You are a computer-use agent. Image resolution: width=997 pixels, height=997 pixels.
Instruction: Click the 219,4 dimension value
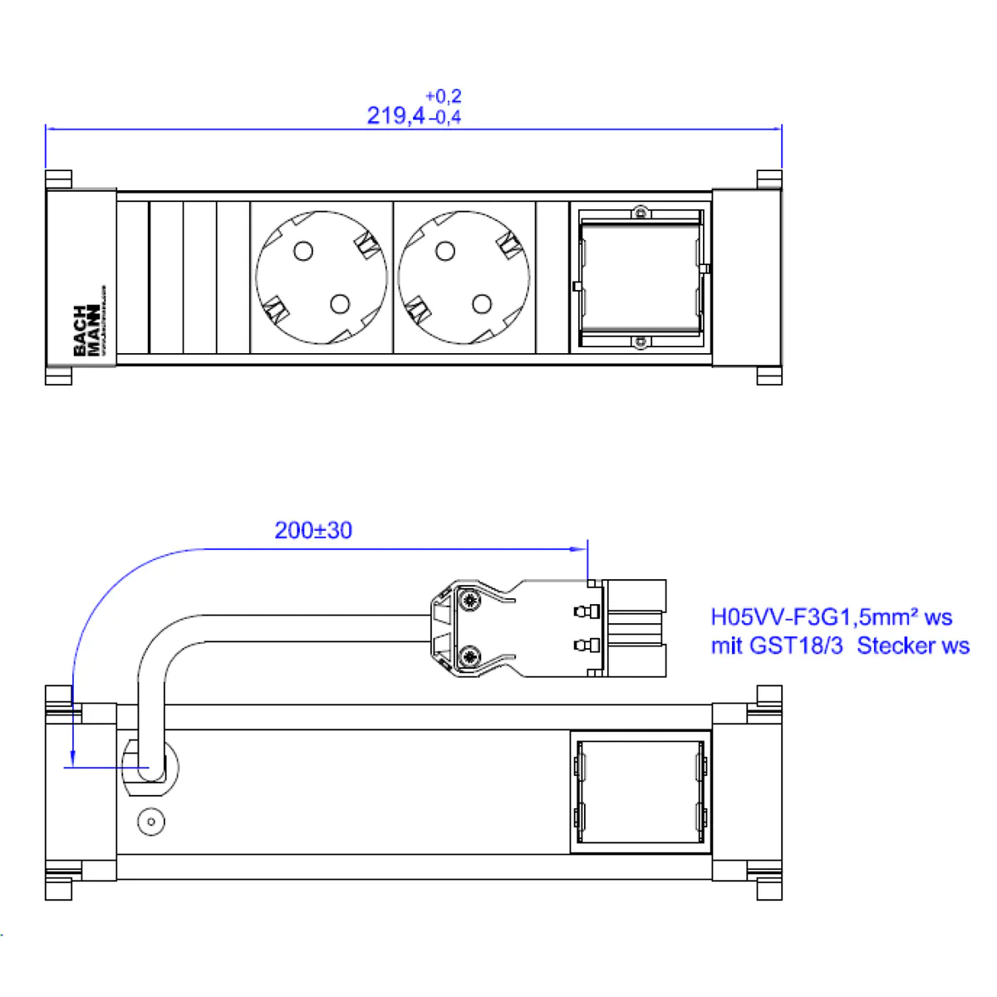click(x=396, y=115)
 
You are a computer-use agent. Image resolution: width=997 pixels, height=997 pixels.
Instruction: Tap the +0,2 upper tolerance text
click(x=443, y=96)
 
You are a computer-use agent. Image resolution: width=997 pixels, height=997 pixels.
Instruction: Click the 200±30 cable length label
click(x=313, y=530)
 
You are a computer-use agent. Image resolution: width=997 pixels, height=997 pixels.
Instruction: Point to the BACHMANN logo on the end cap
click(x=86, y=330)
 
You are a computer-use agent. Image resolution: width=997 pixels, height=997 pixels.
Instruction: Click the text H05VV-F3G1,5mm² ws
click(x=831, y=617)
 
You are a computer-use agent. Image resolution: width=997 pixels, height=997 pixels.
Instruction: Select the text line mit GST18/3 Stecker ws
click(x=839, y=646)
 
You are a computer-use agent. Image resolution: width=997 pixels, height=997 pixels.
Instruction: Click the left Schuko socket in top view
click(x=322, y=277)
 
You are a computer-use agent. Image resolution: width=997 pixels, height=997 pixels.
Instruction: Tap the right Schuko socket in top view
click(x=464, y=277)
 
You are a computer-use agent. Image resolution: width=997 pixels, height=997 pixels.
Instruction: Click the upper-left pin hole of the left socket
click(x=304, y=250)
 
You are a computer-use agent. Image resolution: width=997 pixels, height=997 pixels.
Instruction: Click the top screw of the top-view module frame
click(x=640, y=213)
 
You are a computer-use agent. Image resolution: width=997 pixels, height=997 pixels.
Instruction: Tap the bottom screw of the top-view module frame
click(x=640, y=342)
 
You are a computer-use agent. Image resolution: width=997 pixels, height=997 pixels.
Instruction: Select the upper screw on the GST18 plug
click(x=470, y=600)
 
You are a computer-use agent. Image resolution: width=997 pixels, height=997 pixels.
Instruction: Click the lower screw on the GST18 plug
click(x=470, y=657)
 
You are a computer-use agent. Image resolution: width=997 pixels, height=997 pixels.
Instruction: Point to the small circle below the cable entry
click(x=151, y=823)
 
